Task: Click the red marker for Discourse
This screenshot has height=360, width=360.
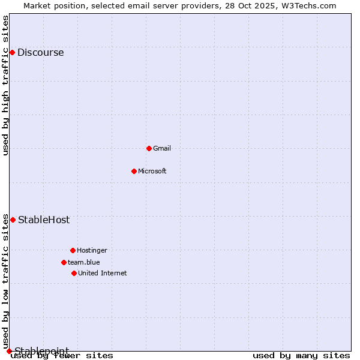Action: (x=12, y=53)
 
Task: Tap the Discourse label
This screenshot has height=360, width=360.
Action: (x=40, y=53)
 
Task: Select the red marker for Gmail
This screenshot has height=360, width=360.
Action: (x=149, y=148)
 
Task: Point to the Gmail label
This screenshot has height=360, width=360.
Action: (x=162, y=148)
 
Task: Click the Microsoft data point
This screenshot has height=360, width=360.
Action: (x=134, y=171)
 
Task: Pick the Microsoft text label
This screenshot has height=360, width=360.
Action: (x=152, y=171)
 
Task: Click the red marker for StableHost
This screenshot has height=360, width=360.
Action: (x=13, y=220)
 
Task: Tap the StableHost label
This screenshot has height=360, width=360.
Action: (x=44, y=220)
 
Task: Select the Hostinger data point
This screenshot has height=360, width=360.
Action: (x=73, y=250)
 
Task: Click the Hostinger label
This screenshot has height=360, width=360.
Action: (x=92, y=250)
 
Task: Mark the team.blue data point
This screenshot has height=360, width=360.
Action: (x=64, y=262)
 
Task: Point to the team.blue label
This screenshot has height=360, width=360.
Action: (x=84, y=262)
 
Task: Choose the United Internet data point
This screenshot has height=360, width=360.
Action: (x=74, y=273)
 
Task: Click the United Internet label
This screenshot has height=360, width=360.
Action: (x=103, y=273)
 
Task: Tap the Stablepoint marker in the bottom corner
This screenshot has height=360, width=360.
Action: (x=9, y=351)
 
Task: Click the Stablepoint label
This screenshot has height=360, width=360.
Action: (x=42, y=350)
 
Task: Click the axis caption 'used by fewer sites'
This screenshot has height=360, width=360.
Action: (x=62, y=356)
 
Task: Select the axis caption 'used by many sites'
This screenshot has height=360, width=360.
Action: (x=301, y=356)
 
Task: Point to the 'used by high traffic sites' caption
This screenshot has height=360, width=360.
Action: (x=6, y=85)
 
